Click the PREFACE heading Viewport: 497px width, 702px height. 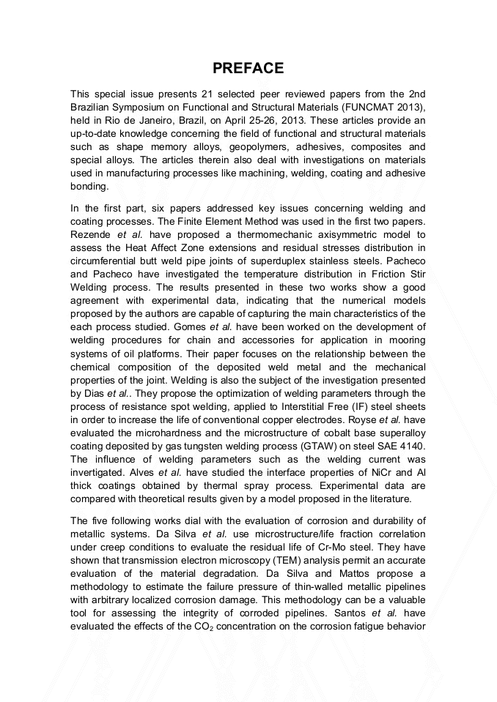[248, 69]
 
